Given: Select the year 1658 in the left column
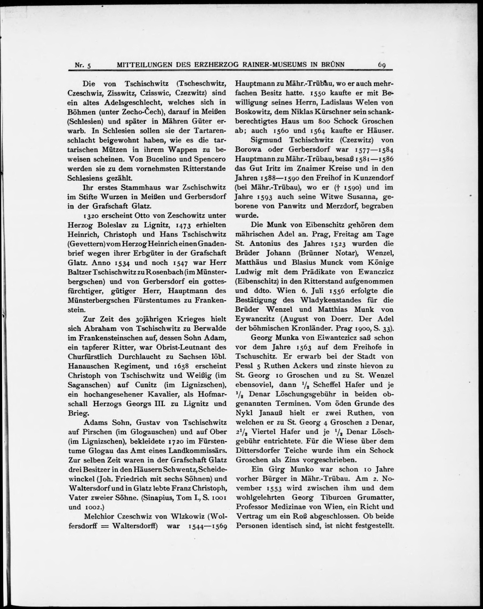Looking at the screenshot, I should (179, 366).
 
